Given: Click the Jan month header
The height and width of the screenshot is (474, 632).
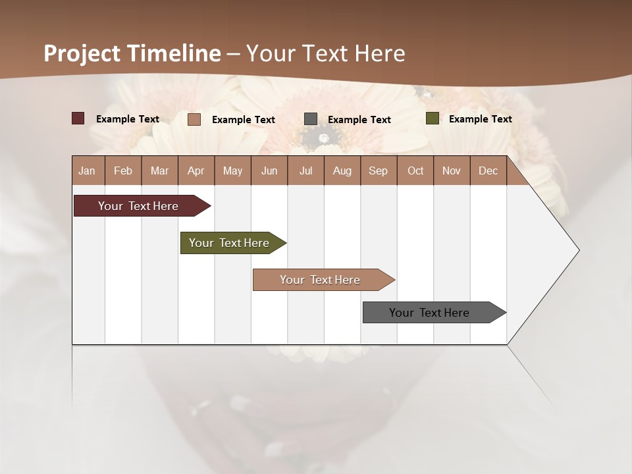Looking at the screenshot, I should (87, 171).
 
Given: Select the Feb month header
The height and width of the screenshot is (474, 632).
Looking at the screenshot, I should (123, 171).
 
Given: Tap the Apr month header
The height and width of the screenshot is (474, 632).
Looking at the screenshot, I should (196, 171).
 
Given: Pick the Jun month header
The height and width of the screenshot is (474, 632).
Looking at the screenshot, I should (269, 171).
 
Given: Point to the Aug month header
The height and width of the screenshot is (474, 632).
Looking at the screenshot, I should (342, 171).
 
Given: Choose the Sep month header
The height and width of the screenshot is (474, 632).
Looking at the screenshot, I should (378, 171).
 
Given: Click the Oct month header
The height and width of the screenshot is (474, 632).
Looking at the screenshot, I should (415, 171).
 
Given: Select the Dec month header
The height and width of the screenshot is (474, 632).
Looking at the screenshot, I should (488, 171).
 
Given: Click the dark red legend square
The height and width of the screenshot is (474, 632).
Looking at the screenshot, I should (78, 118).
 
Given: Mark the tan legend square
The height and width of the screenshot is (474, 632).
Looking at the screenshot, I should (194, 119).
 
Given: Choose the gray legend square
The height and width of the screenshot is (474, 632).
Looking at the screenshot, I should (311, 119).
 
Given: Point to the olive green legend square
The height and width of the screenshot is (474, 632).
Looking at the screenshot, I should (433, 118).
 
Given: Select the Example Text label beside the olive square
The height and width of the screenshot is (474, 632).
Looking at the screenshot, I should (480, 119).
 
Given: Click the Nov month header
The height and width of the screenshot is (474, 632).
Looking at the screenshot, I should (451, 171).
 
